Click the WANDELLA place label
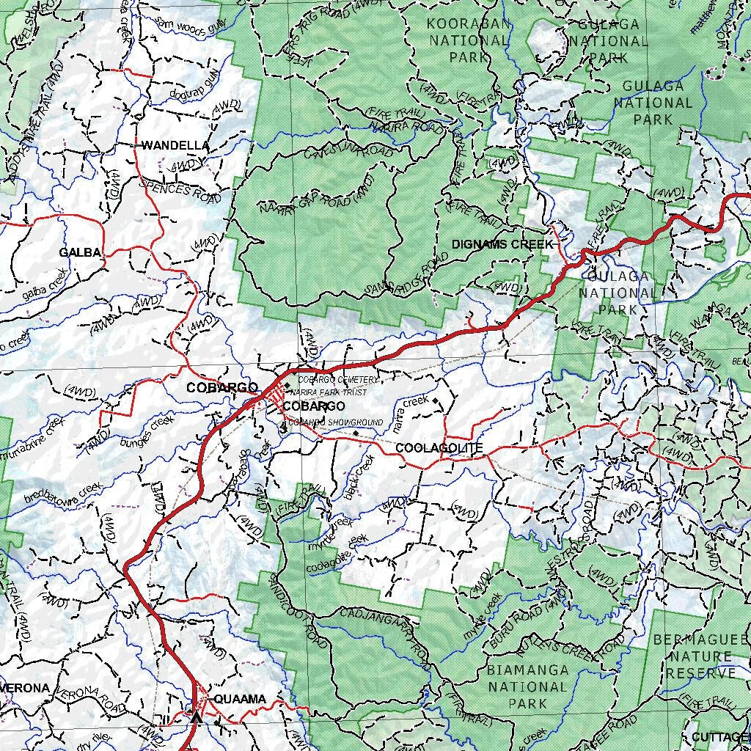point(175,145)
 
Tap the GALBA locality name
point(80,253)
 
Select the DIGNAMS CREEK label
point(502,244)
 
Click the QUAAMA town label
point(240,699)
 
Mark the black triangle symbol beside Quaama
point(195,717)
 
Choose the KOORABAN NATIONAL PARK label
point(469,40)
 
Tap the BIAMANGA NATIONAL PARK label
point(527,686)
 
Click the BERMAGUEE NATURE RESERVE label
point(700,656)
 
